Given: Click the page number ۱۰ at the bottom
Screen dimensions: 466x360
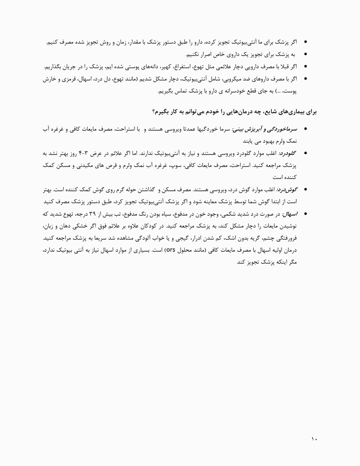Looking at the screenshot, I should pyautogui.click(x=314, y=439).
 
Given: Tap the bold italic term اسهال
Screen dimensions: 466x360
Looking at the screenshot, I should pyautogui.click(x=290, y=214).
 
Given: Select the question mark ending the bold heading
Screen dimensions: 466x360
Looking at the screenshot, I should pyautogui.click(x=154, y=112).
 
